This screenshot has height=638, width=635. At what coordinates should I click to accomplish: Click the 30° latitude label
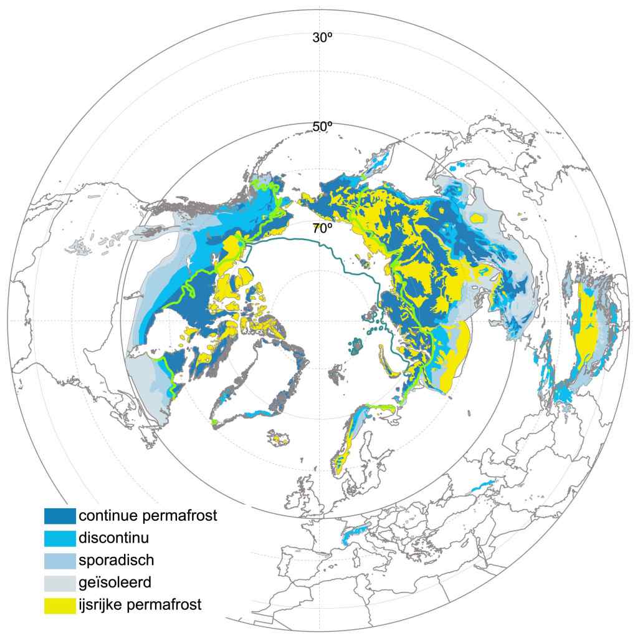[322, 37]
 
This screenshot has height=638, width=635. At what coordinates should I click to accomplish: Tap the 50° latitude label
[322, 127]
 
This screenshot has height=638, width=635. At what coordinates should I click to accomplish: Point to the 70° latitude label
[322, 228]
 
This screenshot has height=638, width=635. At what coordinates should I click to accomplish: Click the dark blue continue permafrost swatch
[60, 516]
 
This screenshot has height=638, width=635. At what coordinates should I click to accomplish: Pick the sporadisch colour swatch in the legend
[60, 561]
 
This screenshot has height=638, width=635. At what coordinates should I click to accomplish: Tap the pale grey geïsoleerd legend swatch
[60, 582]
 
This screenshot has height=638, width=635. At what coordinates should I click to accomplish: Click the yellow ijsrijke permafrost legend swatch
[60, 605]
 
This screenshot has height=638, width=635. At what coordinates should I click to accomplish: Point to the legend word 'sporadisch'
[117, 560]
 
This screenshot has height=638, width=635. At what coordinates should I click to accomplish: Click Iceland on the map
[282, 437]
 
